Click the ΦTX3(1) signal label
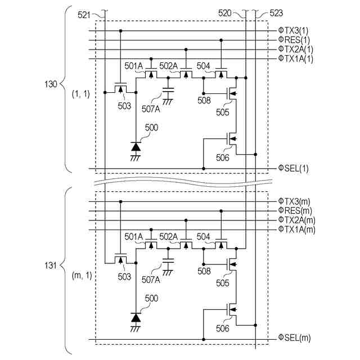click(293, 30)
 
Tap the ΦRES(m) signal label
click(295, 210)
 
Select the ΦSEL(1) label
click(294, 168)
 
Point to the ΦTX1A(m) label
click(296, 229)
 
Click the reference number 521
click(84, 15)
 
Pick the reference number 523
click(276, 13)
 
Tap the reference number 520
click(225, 13)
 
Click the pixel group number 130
click(51, 84)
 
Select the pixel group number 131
click(51, 265)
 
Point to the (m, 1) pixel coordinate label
click(82, 275)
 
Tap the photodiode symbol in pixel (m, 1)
click(136, 318)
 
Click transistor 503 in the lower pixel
click(120, 259)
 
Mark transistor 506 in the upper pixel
click(231, 138)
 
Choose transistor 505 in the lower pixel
click(231, 264)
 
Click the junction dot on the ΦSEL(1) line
click(204, 169)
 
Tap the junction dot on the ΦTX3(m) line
click(120, 201)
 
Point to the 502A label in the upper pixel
click(169, 66)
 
